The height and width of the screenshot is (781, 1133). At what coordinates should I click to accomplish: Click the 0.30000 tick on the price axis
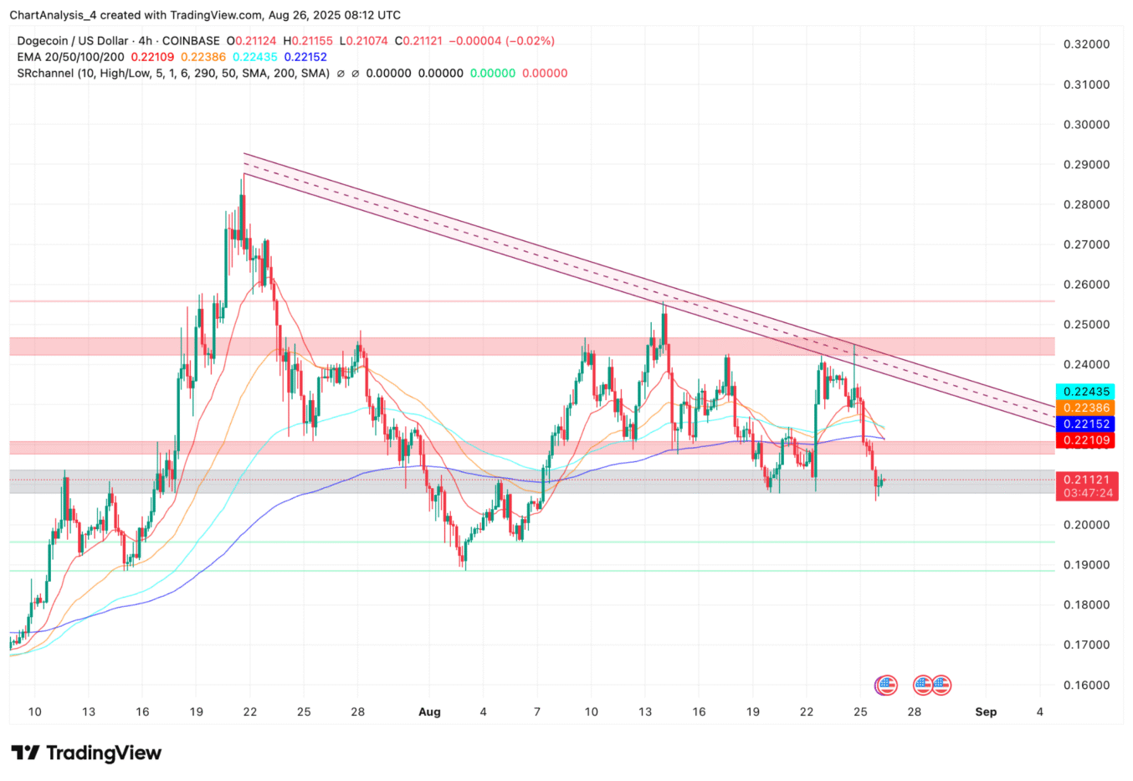click(1086, 125)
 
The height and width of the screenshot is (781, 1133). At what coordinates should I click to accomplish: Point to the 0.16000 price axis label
click(1086, 685)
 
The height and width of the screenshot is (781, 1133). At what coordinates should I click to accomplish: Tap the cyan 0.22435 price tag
click(1087, 392)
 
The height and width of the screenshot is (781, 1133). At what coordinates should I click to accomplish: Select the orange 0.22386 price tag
click(1087, 408)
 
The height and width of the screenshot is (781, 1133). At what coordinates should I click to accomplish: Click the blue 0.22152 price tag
click(1087, 424)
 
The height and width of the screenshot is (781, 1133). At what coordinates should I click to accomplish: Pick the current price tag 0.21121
click(1087, 480)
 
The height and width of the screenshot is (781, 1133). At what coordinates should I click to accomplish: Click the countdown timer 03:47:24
click(1087, 493)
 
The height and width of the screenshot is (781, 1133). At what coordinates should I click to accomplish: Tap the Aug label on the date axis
click(429, 712)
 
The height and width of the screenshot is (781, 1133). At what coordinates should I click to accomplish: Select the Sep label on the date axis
click(986, 712)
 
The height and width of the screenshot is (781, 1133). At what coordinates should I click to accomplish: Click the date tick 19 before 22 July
click(195, 712)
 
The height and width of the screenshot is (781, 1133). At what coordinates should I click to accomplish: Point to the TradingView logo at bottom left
click(86, 753)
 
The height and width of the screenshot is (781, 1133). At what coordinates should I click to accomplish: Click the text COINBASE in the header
click(191, 40)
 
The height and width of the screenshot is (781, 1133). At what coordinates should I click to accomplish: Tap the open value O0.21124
click(253, 40)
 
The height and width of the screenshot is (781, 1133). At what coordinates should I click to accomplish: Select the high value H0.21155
click(308, 40)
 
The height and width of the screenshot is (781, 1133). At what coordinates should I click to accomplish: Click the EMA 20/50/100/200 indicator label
click(70, 57)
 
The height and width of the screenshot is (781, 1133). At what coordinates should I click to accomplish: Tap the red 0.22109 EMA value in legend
click(152, 57)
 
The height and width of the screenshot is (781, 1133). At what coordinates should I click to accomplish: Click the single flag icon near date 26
click(885, 685)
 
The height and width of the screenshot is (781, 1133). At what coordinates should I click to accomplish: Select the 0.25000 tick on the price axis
click(1086, 325)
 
